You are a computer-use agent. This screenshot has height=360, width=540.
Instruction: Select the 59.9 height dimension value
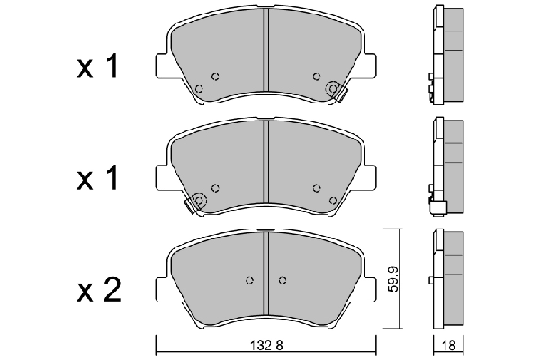pyautogui.click(x=393, y=279)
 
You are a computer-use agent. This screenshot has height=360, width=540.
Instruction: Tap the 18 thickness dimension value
pyautogui.click(x=448, y=345)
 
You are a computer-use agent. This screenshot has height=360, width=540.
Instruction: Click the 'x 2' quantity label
pyautogui.click(x=99, y=290)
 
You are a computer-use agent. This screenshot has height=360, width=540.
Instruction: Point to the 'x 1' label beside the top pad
pyautogui.click(x=98, y=66)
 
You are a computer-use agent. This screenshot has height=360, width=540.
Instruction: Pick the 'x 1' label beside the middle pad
pyautogui.click(x=98, y=178)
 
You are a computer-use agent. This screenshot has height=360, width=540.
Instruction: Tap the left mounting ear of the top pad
pyautogui.click(x=162, y=66)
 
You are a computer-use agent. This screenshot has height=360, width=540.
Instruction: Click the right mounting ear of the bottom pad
pyautogui.click(x=370, y=290)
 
